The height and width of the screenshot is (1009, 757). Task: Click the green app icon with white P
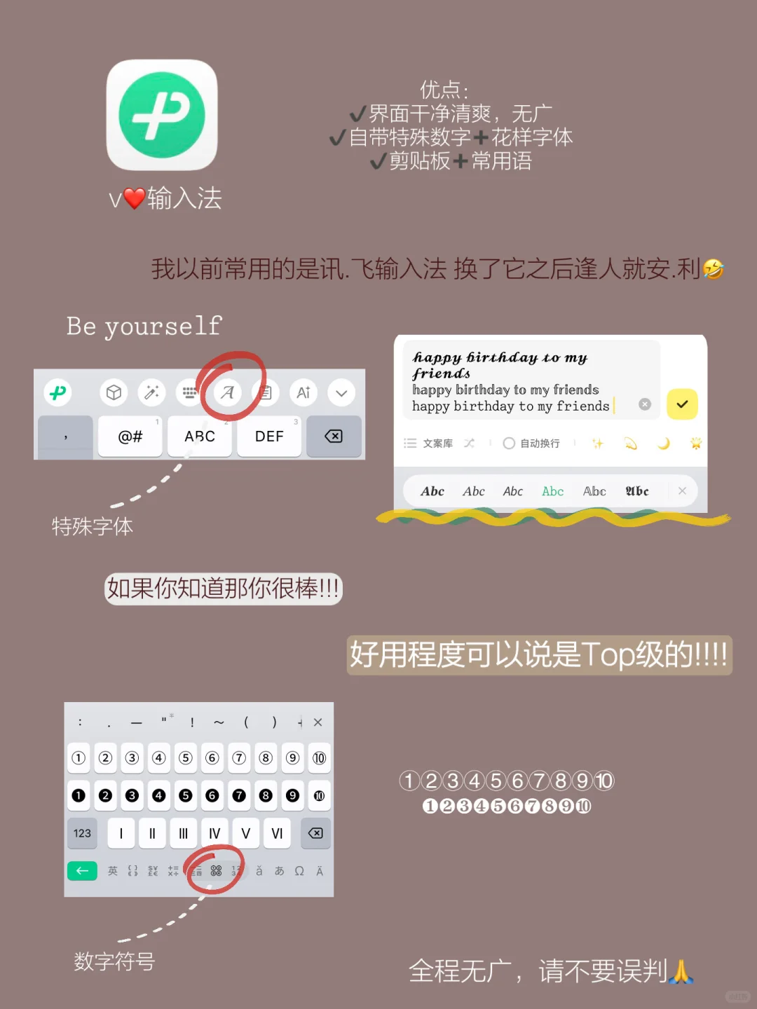tap(162, 115)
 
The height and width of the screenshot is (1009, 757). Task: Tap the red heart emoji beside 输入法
tap(134, 198)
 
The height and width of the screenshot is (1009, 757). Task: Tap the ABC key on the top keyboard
tap(200, 437)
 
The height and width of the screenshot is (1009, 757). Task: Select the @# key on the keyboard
tap(130, 437)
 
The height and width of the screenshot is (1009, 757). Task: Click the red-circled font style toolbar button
tap(228, 392)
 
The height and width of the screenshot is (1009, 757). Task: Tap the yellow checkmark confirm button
tap(682, 404)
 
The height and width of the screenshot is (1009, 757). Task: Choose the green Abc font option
tap(552, 491)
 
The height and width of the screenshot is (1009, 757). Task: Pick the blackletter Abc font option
tap(637, 491)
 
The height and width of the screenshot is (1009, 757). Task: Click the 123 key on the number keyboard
tap(82, 833)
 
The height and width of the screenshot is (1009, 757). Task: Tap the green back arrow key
tap(82, 871)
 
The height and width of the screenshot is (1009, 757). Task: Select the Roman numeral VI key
tap(277, 833)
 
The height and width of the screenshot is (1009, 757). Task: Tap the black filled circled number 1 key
tap(79, 795)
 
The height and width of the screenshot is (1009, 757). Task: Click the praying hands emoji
tap(681, 971)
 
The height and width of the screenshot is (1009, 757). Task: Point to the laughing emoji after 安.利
tap(713, 268)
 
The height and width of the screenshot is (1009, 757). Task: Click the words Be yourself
tap(144, 326)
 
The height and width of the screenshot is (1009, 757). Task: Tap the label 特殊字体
tap(93, 526)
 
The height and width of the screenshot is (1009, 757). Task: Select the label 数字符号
tap(114, 961)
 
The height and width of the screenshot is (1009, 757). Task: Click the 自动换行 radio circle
tap(510, 443)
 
